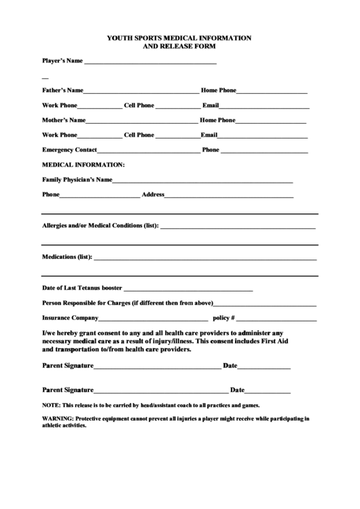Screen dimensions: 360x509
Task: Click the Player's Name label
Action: pyautogui.click(x=62, y=60)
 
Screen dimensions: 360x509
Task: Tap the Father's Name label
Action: pyautogui.click(x=62, y=90)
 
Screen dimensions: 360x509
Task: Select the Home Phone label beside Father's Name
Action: pyautogui.click(x=219, y=90)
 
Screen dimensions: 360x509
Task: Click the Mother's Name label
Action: pyautogui.click(x=63, y=120)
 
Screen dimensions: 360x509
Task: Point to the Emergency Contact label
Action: pyautogui.click(x=70, y=150)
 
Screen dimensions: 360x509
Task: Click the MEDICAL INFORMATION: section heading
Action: pyautogui.click(x=84, y=164)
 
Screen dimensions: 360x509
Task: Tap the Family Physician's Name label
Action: pyautogui.click(x=77, y=180)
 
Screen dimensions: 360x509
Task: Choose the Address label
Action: pyautogui.click(x=153, y=195)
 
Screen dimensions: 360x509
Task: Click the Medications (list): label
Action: pyautogui.click(x=67, y=258)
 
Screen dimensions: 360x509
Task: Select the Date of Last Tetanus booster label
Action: pyautogui.click(x=82, y=288)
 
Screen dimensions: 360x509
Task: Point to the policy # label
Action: pyautogui.click(x=223, y=318)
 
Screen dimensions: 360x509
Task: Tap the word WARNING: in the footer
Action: pyautogui.click(x=58, y=419)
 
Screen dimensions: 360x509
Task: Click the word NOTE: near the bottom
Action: pyautogui.click(x=51, y=404)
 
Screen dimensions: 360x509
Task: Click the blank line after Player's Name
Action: pyautogui.click(x=149, y=63)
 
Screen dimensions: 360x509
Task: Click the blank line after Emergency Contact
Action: pyautogui.click(x=149, y=152)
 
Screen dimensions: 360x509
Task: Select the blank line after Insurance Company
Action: pyautogui.click(x=154, y=319)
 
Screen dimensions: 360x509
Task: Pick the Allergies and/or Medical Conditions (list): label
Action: pyautogui.click(x=101, y=226)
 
